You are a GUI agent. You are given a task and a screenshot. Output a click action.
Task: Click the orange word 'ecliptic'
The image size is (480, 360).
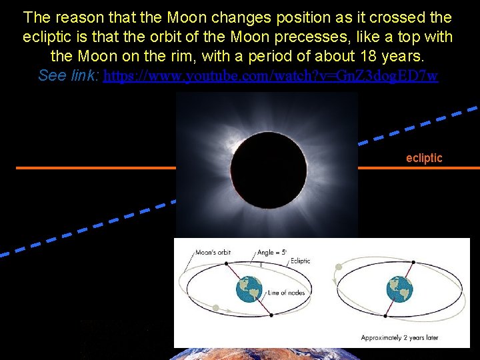click(x=424, y=158)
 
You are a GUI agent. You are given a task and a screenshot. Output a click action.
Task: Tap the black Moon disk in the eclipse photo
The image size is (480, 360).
click(x=267, y=171)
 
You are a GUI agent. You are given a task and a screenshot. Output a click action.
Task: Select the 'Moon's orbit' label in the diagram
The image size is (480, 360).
click(x=214, y=253)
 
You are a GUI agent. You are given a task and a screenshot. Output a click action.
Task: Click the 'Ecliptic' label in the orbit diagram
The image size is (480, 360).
click(x=300, y=261)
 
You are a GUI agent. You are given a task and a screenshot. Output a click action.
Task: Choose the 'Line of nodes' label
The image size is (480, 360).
click(x=285, y=293)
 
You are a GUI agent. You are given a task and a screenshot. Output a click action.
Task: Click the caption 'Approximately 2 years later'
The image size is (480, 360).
click(x=399, y=337)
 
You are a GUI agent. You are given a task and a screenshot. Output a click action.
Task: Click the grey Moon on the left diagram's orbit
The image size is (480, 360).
click(x=216, y=308)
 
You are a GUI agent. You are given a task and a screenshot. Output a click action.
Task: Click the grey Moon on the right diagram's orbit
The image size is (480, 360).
click(x=339, y=267)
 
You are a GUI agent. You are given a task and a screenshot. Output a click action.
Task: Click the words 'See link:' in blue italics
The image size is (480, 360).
click(x=69, y=75)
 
